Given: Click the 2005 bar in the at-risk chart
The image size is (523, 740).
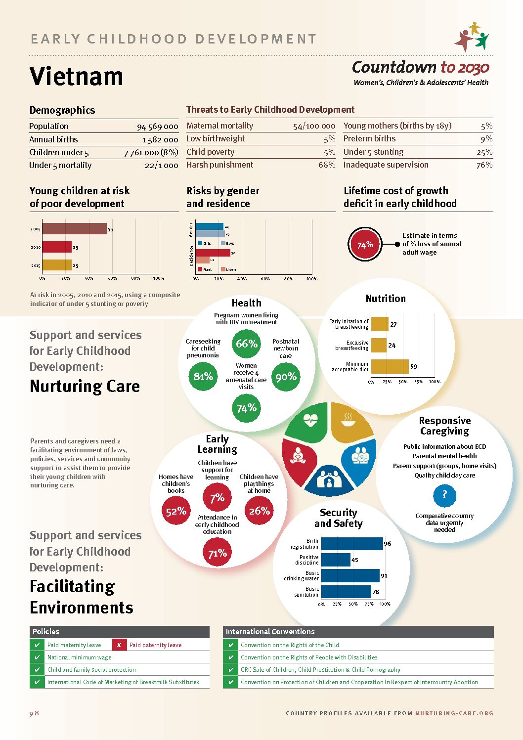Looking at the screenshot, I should (x=74, y=229).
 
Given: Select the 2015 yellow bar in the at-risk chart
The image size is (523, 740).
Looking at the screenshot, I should (x=57, y=265).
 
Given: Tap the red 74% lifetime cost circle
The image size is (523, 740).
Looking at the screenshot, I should (x=365, y=244).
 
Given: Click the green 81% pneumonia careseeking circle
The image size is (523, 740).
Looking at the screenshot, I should (x=203, y=377).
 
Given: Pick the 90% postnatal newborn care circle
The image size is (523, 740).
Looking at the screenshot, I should (x=286, y=377).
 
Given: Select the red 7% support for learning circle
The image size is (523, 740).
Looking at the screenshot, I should (x=217, y=498).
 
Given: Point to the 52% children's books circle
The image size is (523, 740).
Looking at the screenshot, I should (x=176, y=511).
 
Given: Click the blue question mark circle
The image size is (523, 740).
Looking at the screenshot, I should (x=444, y=495).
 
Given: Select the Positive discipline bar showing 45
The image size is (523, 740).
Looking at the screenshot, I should (x=336, y=560).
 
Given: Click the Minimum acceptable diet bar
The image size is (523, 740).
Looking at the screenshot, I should (x=390, y=366).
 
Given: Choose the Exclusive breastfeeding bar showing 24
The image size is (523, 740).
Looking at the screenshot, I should (x=379, y=345).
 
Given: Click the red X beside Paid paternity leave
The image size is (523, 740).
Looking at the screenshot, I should (x=119, y=645).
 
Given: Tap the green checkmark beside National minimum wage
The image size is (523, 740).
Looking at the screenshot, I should (x=37, y=657).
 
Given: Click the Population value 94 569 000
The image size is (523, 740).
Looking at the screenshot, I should (x=157, y=127).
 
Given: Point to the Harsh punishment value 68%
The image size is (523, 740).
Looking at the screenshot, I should (x=327, y=165).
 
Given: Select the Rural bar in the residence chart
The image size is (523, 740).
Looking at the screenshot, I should (x=213, y=253).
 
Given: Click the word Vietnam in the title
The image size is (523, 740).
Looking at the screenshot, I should (x=76, y=77).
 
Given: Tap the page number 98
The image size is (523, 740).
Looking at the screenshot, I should (x=34, y=713).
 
